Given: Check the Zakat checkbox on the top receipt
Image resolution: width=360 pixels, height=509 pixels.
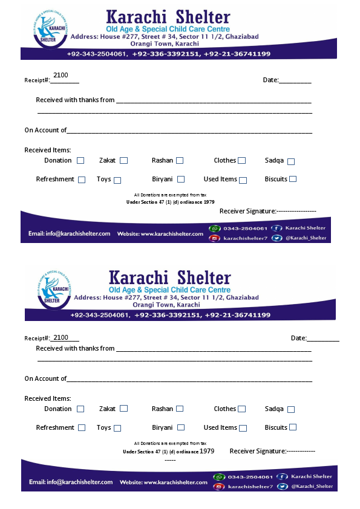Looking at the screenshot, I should [x=123, y=161].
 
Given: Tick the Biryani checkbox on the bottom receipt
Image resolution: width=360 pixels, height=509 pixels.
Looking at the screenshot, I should [x=181, y=427].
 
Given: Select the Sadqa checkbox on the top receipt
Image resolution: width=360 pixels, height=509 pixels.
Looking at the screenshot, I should [x=291, y=161].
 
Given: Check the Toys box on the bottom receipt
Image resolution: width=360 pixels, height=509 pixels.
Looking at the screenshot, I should [x=117, y=428].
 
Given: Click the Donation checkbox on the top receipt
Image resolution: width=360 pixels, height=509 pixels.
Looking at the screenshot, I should [x=80, y=161].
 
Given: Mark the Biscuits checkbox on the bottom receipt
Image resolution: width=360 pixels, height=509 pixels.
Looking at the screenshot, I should [x=293, y=427].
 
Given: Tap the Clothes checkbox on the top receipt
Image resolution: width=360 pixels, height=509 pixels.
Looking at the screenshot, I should [x=241, y=161].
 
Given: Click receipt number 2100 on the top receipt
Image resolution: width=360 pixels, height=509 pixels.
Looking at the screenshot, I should [x=61, y=75].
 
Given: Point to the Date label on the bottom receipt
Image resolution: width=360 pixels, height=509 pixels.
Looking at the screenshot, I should [x=298, y=338].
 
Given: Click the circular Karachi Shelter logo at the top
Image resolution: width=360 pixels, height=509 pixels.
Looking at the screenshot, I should [x=51, y=30].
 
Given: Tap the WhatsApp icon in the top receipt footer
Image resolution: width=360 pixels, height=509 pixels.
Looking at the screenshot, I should [x=214, y=229].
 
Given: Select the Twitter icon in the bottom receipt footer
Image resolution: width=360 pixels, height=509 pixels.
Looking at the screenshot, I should [x=282, y=487].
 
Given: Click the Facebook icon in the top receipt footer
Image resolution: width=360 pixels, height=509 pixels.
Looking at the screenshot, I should [x=277, y=229].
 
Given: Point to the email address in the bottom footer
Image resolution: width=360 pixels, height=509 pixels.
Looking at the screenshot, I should [x=71, y=482].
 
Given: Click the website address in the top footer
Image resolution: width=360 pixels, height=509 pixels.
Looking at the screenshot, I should [x=160, y=233].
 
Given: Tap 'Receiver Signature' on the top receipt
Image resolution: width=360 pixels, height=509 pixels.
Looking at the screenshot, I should [x=247, y=211].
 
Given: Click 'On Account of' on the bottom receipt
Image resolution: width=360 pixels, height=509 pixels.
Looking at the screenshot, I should [x=45, y=378].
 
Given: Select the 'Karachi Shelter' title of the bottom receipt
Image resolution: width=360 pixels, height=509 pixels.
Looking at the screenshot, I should [x=169, y=277].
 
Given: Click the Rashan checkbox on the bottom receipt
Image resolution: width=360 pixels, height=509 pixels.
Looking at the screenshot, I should [x=180, y=409].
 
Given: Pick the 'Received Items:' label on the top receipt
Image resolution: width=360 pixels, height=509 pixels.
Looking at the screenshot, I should [x=48, y=150].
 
